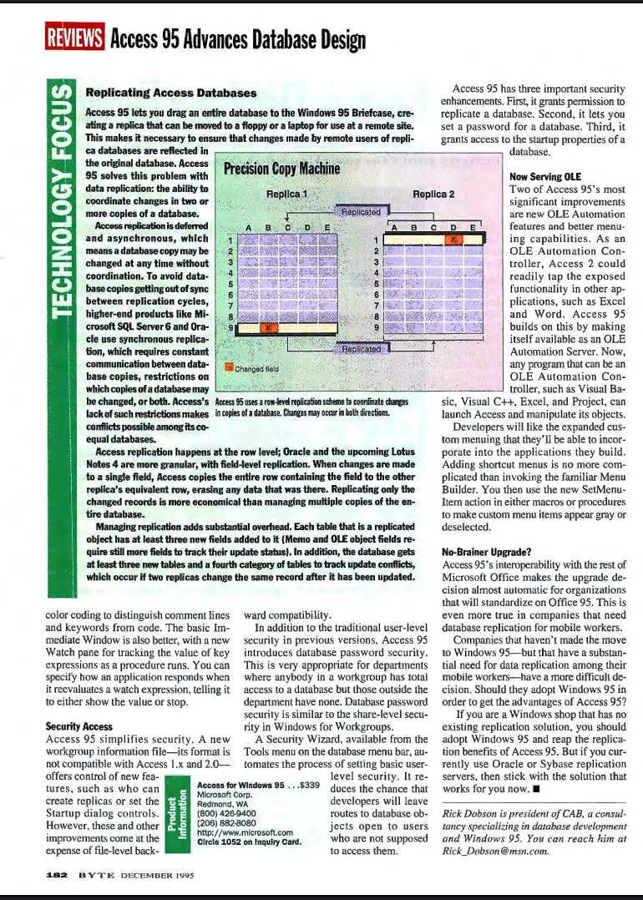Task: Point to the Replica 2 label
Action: coord(433,195)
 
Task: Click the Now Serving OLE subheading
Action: coord(545,177)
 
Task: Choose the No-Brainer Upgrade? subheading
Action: coord(485,552)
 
